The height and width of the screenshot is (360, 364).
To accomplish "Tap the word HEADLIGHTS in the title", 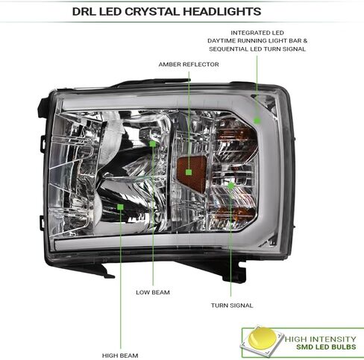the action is point(222,12).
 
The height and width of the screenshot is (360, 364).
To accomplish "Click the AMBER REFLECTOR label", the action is point(189,64).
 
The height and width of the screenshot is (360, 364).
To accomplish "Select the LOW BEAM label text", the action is point(153,292).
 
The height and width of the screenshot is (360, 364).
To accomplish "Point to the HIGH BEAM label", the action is point(120,356).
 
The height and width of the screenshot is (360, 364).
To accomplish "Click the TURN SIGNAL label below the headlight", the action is point(232,306).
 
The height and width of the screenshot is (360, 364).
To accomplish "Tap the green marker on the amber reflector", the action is point(189,172).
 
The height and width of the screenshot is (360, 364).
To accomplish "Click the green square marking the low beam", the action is point(153,144).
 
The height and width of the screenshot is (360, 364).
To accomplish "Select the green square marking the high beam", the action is point(120,206).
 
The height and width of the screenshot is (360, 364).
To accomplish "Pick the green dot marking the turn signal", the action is point(231,186).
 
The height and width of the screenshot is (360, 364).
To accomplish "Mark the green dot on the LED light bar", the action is point(257,121).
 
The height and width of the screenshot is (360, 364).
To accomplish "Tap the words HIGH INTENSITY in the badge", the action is point(320,339).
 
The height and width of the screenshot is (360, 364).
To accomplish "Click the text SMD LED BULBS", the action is point(326,347).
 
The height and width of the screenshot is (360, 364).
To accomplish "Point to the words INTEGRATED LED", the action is point(257,33).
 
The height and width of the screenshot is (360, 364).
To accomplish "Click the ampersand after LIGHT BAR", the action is point(305,41).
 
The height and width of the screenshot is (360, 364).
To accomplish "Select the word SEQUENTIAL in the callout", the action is point(228,49).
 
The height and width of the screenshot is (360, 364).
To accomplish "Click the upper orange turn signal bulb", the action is point(236,136).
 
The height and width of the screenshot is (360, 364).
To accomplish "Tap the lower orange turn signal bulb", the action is point(236,214).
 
